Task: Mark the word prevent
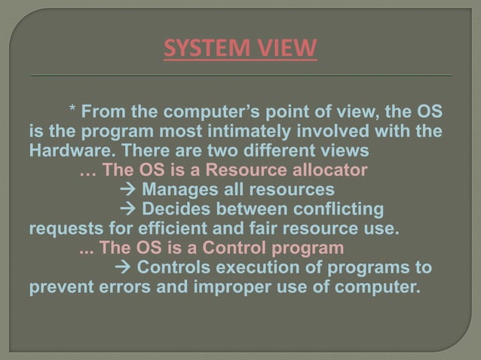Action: click(57, 286)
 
